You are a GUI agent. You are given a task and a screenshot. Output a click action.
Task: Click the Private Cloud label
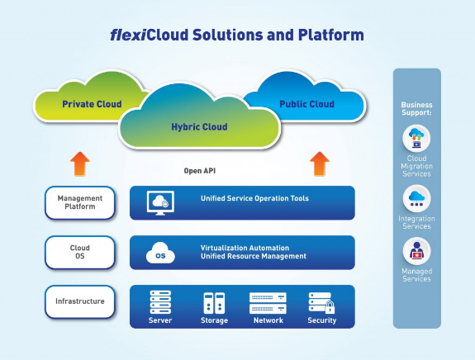pyautogui.click(x=92, y=104)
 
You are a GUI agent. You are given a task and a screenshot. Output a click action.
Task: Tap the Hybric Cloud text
pyautogui.click(x=199, y=127)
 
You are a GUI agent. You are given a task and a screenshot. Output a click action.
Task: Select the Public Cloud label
pyautogui.click(x=306, y=104)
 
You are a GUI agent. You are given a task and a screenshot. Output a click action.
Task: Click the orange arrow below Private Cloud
pyautogui.click(x=80, y=163)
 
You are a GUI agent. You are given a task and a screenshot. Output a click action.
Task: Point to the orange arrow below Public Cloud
pyautogui.click(x=320, y=163)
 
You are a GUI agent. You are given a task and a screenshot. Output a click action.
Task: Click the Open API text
pyautogui.click(x=200, y=171)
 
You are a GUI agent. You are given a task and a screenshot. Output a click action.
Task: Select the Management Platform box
pyautogui.click(x=80, y=202)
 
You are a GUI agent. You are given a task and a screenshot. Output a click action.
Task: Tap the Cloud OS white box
pyautogui.click(x=80, y=252)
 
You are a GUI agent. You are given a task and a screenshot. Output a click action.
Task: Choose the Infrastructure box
pyautogui.click(x=80, y=301)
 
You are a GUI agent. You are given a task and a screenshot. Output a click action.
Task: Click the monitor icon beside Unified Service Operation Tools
pyautogui.click(x=160, y=203)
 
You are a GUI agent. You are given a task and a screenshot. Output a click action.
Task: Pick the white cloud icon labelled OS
pyautogui.click(x=160, y=253)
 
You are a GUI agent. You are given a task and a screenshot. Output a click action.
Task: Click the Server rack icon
pyautogui.click(x=160, y=302)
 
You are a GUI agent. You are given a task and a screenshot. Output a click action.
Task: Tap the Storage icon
pyautogui.click(x=214, y=303)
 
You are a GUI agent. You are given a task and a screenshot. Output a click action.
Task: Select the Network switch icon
pyautogui.click(x=268, y=303)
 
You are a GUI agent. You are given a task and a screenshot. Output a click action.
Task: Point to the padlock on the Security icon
pyautogui.click(x=330, y=307)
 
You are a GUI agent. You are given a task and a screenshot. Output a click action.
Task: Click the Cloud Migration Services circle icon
pyautogui.click(x=416, y=139)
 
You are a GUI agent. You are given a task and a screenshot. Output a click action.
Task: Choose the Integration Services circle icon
pyautogui.click(x=416, y=199)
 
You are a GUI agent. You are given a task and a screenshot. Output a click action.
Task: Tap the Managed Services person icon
pyautogui.click(x=416, y=251)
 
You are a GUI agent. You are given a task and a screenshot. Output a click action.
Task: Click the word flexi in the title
pyautogui.click(x=128, y=35)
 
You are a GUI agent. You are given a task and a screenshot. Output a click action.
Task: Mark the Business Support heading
pyautogui.click(x=416, y=109)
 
